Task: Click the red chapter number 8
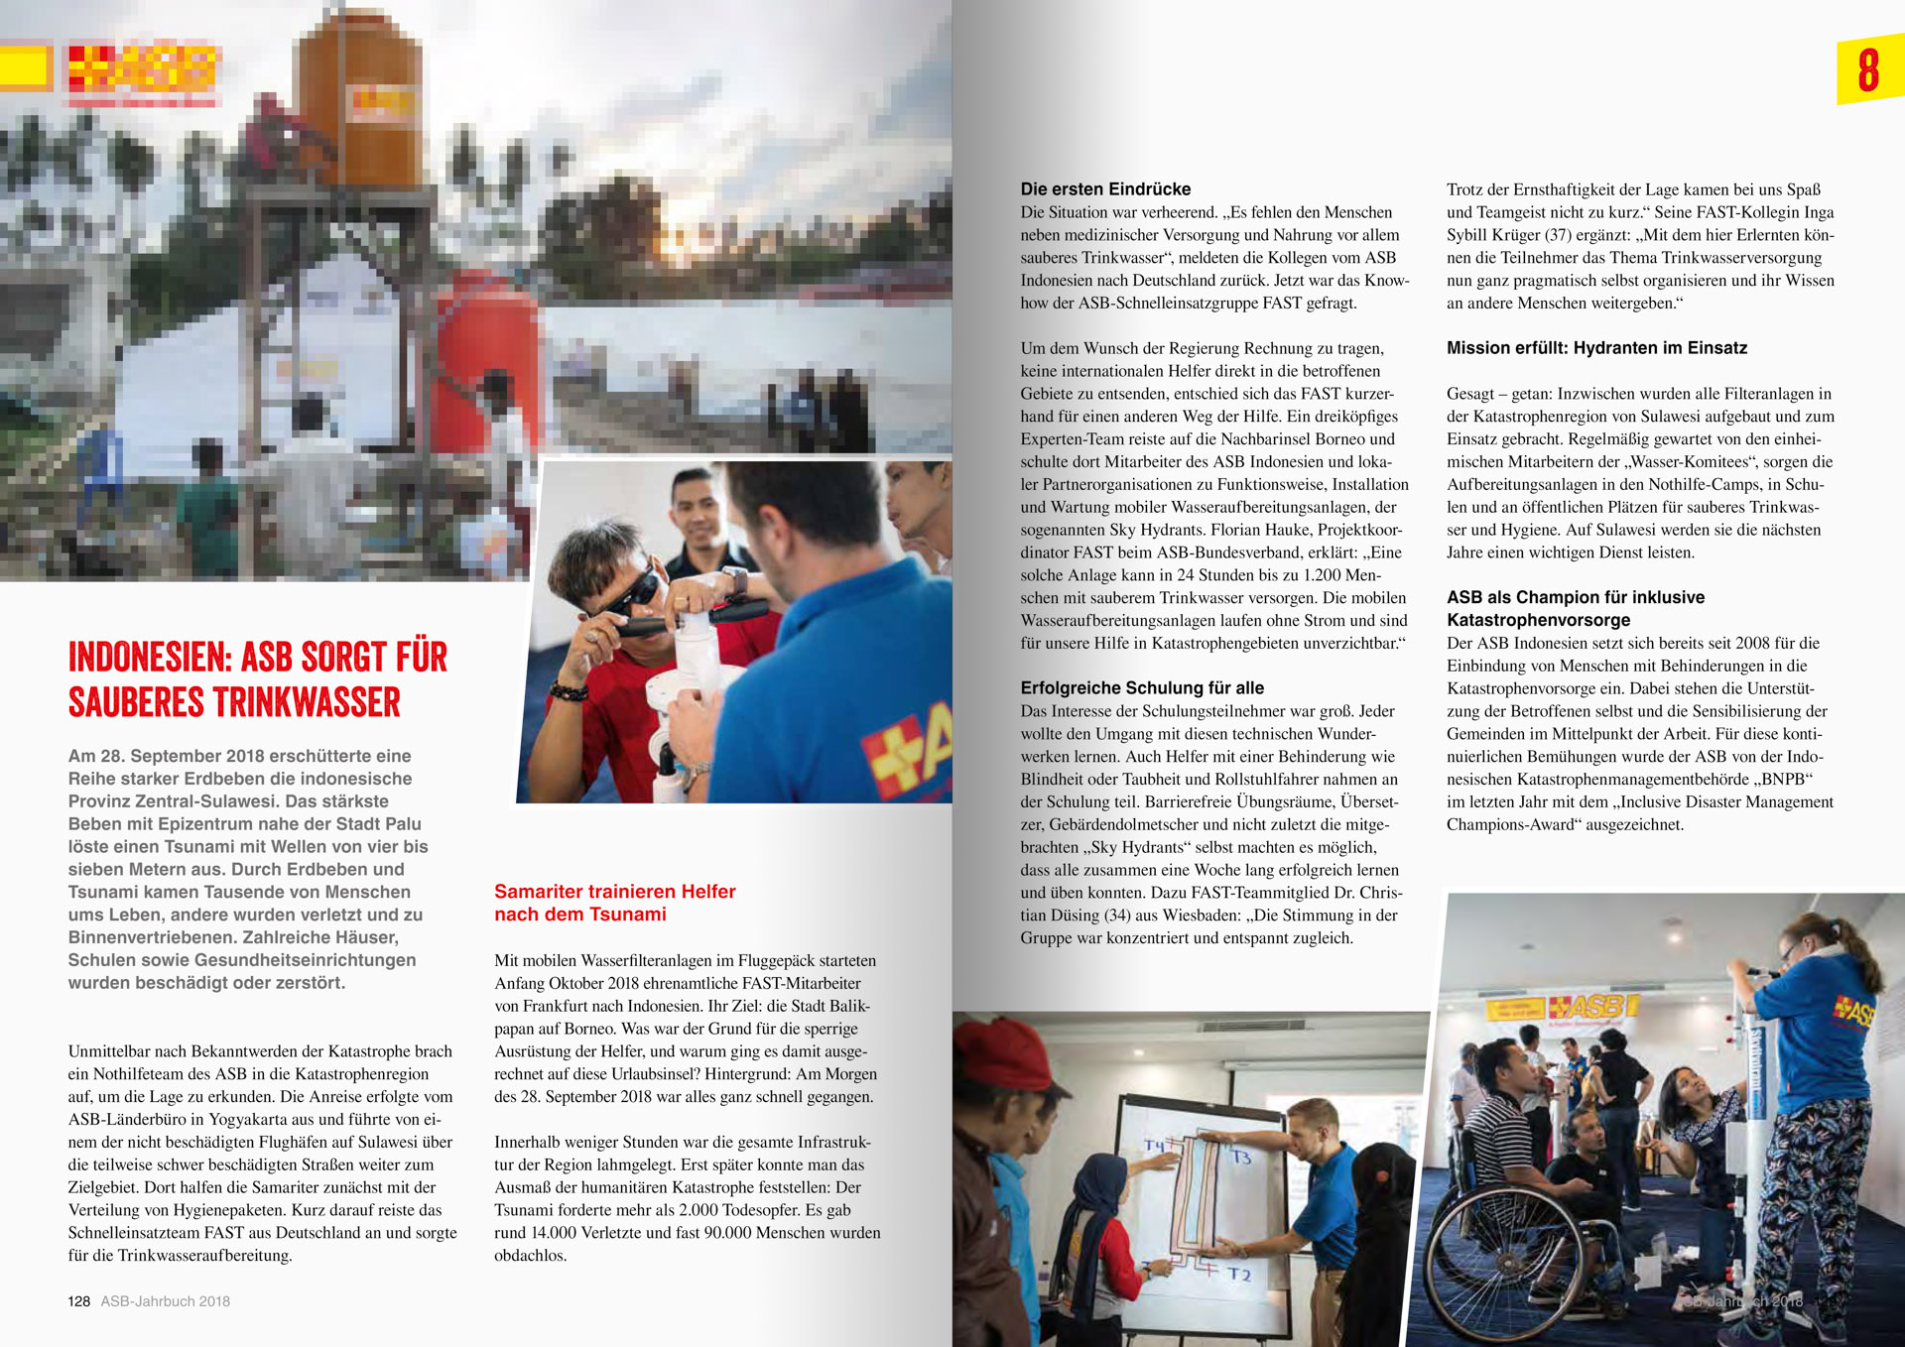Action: tap(1868, 70)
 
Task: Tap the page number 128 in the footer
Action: tap(78, 1301)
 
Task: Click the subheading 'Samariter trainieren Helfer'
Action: tap(614, 892)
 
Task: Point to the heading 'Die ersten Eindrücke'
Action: tap(1105, 189)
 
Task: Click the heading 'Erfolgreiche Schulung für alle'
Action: tap(1142, 688)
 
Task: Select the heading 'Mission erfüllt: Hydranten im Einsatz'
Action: tap(1596, 348)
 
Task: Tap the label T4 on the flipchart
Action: tap(1154, 1146)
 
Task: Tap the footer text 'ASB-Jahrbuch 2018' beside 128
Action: tap(165, 1301)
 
